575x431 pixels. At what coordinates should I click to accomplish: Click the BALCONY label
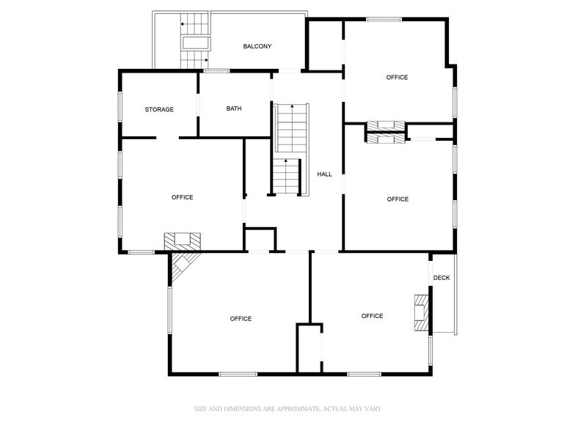257,46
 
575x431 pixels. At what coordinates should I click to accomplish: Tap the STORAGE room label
159,109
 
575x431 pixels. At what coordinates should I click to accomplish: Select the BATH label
234,108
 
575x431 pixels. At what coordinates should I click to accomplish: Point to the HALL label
324,174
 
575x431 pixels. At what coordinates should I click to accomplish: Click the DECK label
442,278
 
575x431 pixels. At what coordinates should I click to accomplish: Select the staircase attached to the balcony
195,41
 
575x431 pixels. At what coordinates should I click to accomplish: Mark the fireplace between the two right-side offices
386,131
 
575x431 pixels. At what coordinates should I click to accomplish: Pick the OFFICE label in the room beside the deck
372,316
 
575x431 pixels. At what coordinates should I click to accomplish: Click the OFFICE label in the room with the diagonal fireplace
241,319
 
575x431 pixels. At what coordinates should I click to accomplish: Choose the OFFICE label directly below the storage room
183,197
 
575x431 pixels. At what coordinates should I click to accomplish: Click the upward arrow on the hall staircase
293,107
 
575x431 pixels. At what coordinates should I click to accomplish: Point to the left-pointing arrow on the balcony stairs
183,24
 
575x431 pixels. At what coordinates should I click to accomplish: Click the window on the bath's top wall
216,70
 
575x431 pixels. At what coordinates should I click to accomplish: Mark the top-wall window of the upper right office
384,19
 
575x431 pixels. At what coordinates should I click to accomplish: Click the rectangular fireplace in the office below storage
182,240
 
